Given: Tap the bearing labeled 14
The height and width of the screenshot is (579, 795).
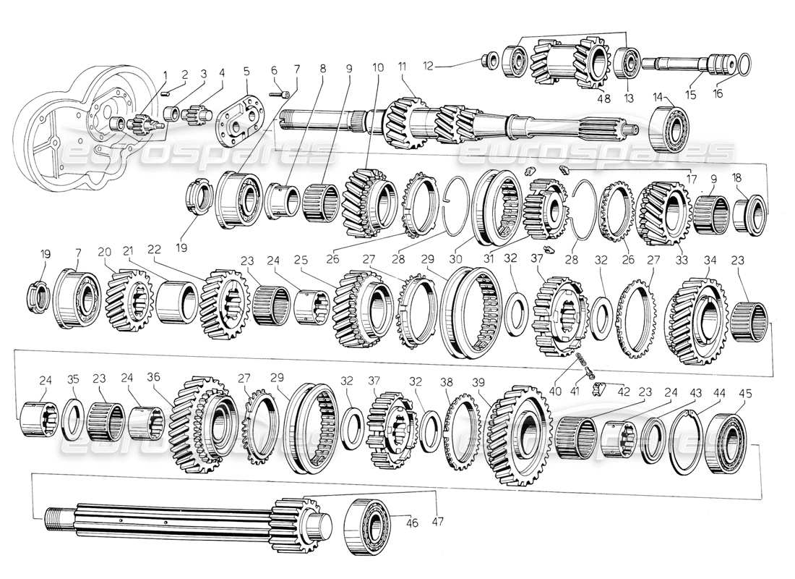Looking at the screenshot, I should [671, 129].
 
